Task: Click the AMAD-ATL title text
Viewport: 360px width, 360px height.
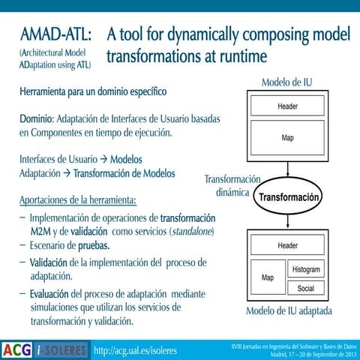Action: pyautogui.click(x=56, y=35)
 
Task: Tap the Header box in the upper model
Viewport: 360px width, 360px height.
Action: pyautogui.click(x=287, y=106)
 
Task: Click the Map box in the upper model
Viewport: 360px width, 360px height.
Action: pyautogui.click(x=287, y=138)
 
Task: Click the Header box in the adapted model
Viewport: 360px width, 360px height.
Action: pyautogui.click(x=287, y=245)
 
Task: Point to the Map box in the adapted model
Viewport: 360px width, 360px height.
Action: pyautogui.click(x=267, y=277)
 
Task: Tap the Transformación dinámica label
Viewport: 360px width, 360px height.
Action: pyautogui.click(x=232, y=185)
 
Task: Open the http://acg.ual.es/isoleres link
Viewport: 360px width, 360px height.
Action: pyautogui.click(x=135, y=349)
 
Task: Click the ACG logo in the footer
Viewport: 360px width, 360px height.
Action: pyautogui.click(x=16, y=349)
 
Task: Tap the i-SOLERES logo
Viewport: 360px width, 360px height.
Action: pyautogui.click(x=62, y=349)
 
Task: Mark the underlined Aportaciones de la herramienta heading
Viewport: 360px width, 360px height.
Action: pyautogui.click(x=78, y=200)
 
